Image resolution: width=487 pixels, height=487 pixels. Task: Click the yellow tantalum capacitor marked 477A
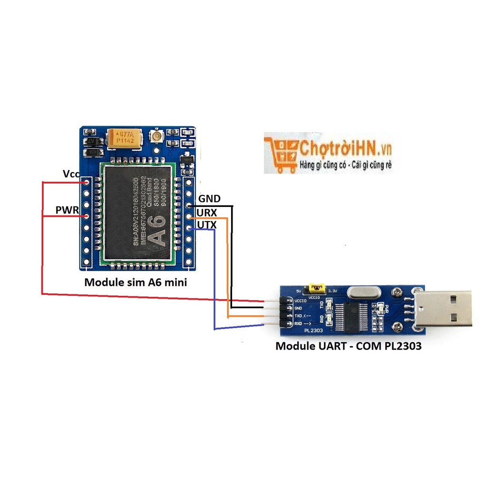click(x=124, y=138)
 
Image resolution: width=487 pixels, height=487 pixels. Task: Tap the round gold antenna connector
click(x=156, y=136)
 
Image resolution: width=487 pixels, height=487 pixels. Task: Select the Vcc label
click(x=71, y=174)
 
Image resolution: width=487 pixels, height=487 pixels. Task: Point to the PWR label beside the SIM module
click(x=67, y=209)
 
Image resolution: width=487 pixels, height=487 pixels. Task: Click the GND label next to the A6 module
click(x=209, y=198)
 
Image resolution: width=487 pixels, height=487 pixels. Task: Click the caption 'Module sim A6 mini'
click(x=136, y=282)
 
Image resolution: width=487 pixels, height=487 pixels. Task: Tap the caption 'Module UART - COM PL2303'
click(x=349, y=346)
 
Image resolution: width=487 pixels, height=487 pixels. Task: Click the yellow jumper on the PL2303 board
click(x=316, y=288)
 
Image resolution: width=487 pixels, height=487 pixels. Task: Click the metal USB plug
click(x=442, y=309)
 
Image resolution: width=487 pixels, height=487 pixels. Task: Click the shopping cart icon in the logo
click(x=281, y=152)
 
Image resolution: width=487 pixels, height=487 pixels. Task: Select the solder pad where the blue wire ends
click(x=189, y=229)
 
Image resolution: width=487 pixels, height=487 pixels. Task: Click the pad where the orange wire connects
click(x=189, y=217)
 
